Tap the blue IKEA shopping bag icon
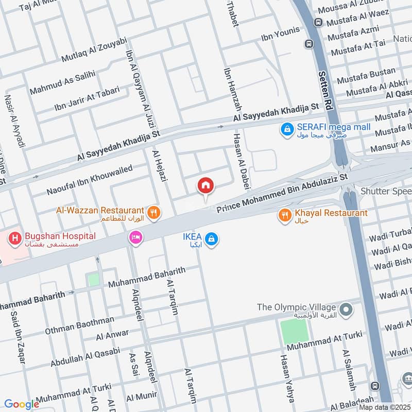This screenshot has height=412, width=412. click(x=211, y=239)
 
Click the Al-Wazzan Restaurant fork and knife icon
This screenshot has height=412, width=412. click(x=153, y=211)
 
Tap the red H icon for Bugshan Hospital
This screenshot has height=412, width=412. click(x=15, y=237)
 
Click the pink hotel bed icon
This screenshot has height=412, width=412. click(x=136, y=237)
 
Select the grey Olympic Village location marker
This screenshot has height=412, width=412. click(x=346, y=308)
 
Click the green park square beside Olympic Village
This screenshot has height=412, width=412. click(x=295, y=332)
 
